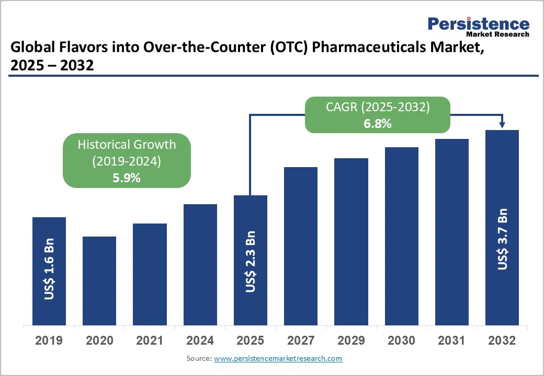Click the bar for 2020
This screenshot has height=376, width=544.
coord(99,281)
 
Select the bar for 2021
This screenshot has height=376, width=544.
coord(150,274)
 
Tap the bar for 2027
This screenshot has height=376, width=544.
coord(301,246)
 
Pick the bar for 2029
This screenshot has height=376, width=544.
coord(351,241)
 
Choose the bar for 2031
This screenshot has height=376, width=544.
coord(452,232)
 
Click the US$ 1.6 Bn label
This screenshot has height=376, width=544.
coord(49,269)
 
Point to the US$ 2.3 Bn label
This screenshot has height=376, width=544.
coord(251,261)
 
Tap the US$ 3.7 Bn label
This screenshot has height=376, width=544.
coord(502,239)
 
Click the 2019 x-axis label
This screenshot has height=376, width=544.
coord(49,340)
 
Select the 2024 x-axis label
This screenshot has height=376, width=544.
coord(200,340)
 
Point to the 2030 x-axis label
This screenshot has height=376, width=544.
coord(401,340)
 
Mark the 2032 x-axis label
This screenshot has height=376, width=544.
coord(502,340)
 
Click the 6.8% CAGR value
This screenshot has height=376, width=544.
coord(378,124)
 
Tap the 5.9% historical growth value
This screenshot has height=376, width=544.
coord(127,178)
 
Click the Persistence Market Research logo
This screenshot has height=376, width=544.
coord(478,26)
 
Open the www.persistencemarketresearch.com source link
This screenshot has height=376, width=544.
coord(278,358)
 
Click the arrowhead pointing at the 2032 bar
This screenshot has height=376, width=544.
coord(502,125)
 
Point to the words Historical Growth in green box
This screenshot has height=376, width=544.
coord(127,145)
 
